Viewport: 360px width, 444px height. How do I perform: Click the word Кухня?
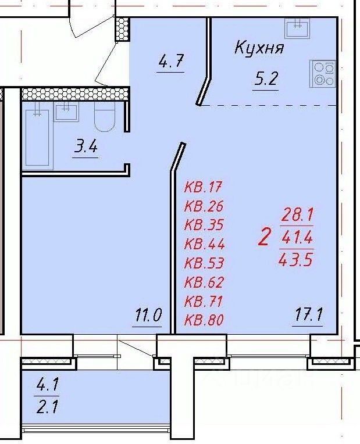(259, 48)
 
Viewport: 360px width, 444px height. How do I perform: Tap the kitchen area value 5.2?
(265, 80)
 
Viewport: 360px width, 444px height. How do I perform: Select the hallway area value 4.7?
(171, 61)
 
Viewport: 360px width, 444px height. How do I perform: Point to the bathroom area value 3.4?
(85, 146)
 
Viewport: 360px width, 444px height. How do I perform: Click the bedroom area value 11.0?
(148, 317)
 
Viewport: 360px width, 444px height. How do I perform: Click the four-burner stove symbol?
(323, 74)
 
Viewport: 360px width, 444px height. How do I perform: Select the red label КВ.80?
(204, 320)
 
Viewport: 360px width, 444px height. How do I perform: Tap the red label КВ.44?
(204, 244)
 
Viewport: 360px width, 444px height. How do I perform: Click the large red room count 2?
(264, 237)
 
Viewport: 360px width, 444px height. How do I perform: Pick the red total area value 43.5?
(297, 259)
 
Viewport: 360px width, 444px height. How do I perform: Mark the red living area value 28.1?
(297, 214)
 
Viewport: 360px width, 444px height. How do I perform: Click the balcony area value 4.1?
(48, 384)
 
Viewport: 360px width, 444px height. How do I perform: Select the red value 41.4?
(297, 237)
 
